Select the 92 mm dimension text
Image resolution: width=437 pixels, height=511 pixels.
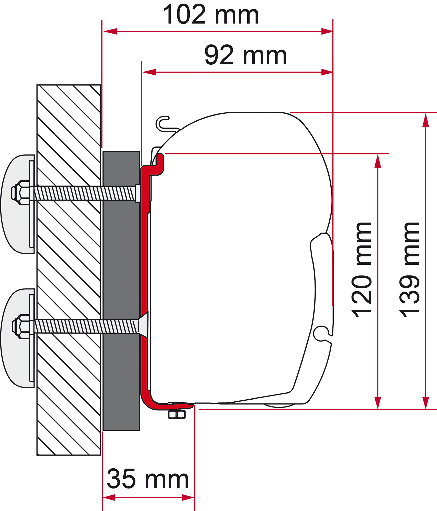coord(245,55)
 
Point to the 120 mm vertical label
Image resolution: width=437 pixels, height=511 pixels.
coord(361,270)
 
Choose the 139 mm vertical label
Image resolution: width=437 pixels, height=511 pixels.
coord(409,270)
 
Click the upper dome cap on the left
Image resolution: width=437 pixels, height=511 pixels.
coord(17,204)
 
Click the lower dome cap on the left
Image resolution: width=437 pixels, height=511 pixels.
coord(17,338)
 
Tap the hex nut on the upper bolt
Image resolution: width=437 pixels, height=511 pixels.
coord(20,193)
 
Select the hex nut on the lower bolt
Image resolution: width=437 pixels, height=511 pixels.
coord(21,327)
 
